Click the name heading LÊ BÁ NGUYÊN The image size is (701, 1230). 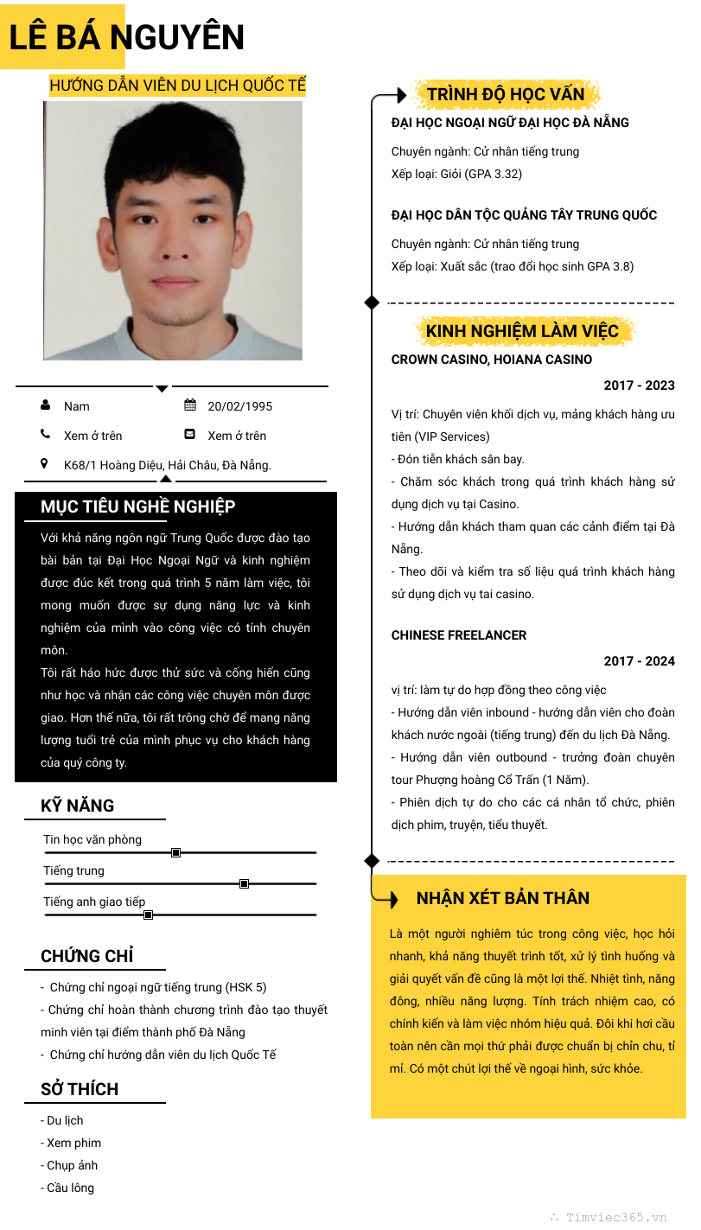(126, 38)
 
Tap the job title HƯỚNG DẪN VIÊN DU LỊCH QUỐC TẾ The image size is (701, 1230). (177, 86)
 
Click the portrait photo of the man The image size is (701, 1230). (173, 231)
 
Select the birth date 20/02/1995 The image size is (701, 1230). (239, 406)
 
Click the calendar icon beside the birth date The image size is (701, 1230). (190, 405)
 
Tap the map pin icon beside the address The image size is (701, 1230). (45, 464)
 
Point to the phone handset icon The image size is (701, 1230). (45, 435)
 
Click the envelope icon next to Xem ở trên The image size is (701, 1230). (190, 435)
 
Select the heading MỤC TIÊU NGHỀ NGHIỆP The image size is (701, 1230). (138, 507)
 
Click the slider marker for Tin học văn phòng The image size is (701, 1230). (175, 853)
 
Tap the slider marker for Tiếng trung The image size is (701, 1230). (244, 883)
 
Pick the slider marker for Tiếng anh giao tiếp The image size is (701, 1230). (148, 915)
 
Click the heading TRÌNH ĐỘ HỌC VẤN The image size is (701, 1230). (506, 94)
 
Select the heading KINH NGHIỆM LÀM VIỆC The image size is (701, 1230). (522, 331)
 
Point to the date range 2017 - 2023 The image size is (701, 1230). (639, 386)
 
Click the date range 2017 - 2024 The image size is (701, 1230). (639, 661)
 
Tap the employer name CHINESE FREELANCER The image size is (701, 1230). (459, 635)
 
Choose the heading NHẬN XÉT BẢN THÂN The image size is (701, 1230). (503, 898)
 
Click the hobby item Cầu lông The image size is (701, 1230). (69, 1188)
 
